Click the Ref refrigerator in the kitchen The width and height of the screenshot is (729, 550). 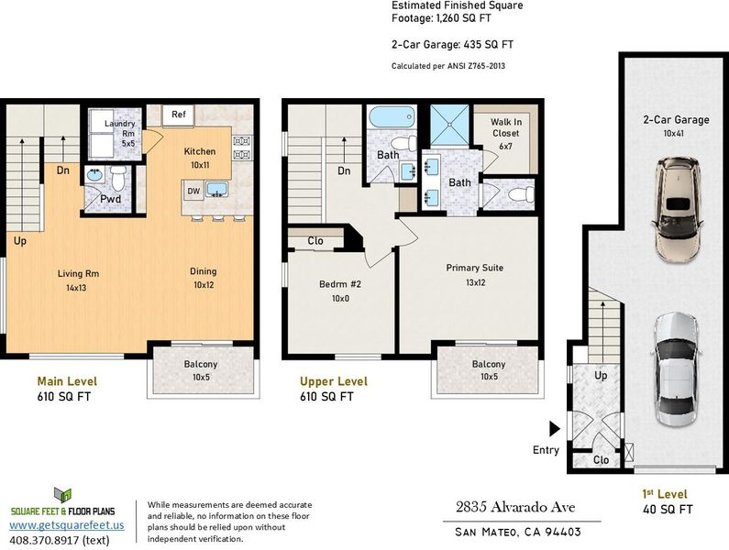pyautogui.click(x=178, y=115)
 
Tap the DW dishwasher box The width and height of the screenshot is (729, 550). pyautogui.click(x=193, y=191)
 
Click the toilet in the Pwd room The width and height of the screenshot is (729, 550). pyautogui.click(x=118, y=179)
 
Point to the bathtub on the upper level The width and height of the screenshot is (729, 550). pyautogui.click(x=392, y=116)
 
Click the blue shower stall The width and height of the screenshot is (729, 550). pyautogui.click(x=449, y=125)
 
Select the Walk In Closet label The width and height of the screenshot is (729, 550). pyautogui.click(x=506, y=127)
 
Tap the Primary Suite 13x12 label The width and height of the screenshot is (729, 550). pyautogui.click(x=475, y=275)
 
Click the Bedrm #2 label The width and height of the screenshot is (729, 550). pyautogui.click(x=340, y=284)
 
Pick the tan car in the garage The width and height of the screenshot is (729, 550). pyautogui.click(x=677, y=210)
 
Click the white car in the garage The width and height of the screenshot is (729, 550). pyautogui.click(x=676, y=370)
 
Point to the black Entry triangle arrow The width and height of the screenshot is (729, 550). pyautogui.click(x=555, y=429)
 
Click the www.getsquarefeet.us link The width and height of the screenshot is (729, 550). pyautogui.click(x=67, y=525)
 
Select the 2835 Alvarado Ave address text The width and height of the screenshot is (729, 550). pyautogui.click(x=515, y=507)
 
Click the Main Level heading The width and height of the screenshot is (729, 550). pyautogui.click(x=67, y=381)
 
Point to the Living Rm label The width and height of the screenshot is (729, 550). pyautogui.click(x=78, y=273)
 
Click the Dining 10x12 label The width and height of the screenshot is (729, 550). pyautogui.click(x=204, y=278)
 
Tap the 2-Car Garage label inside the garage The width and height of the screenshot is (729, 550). pyautogui.click(x=676, y=119)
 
